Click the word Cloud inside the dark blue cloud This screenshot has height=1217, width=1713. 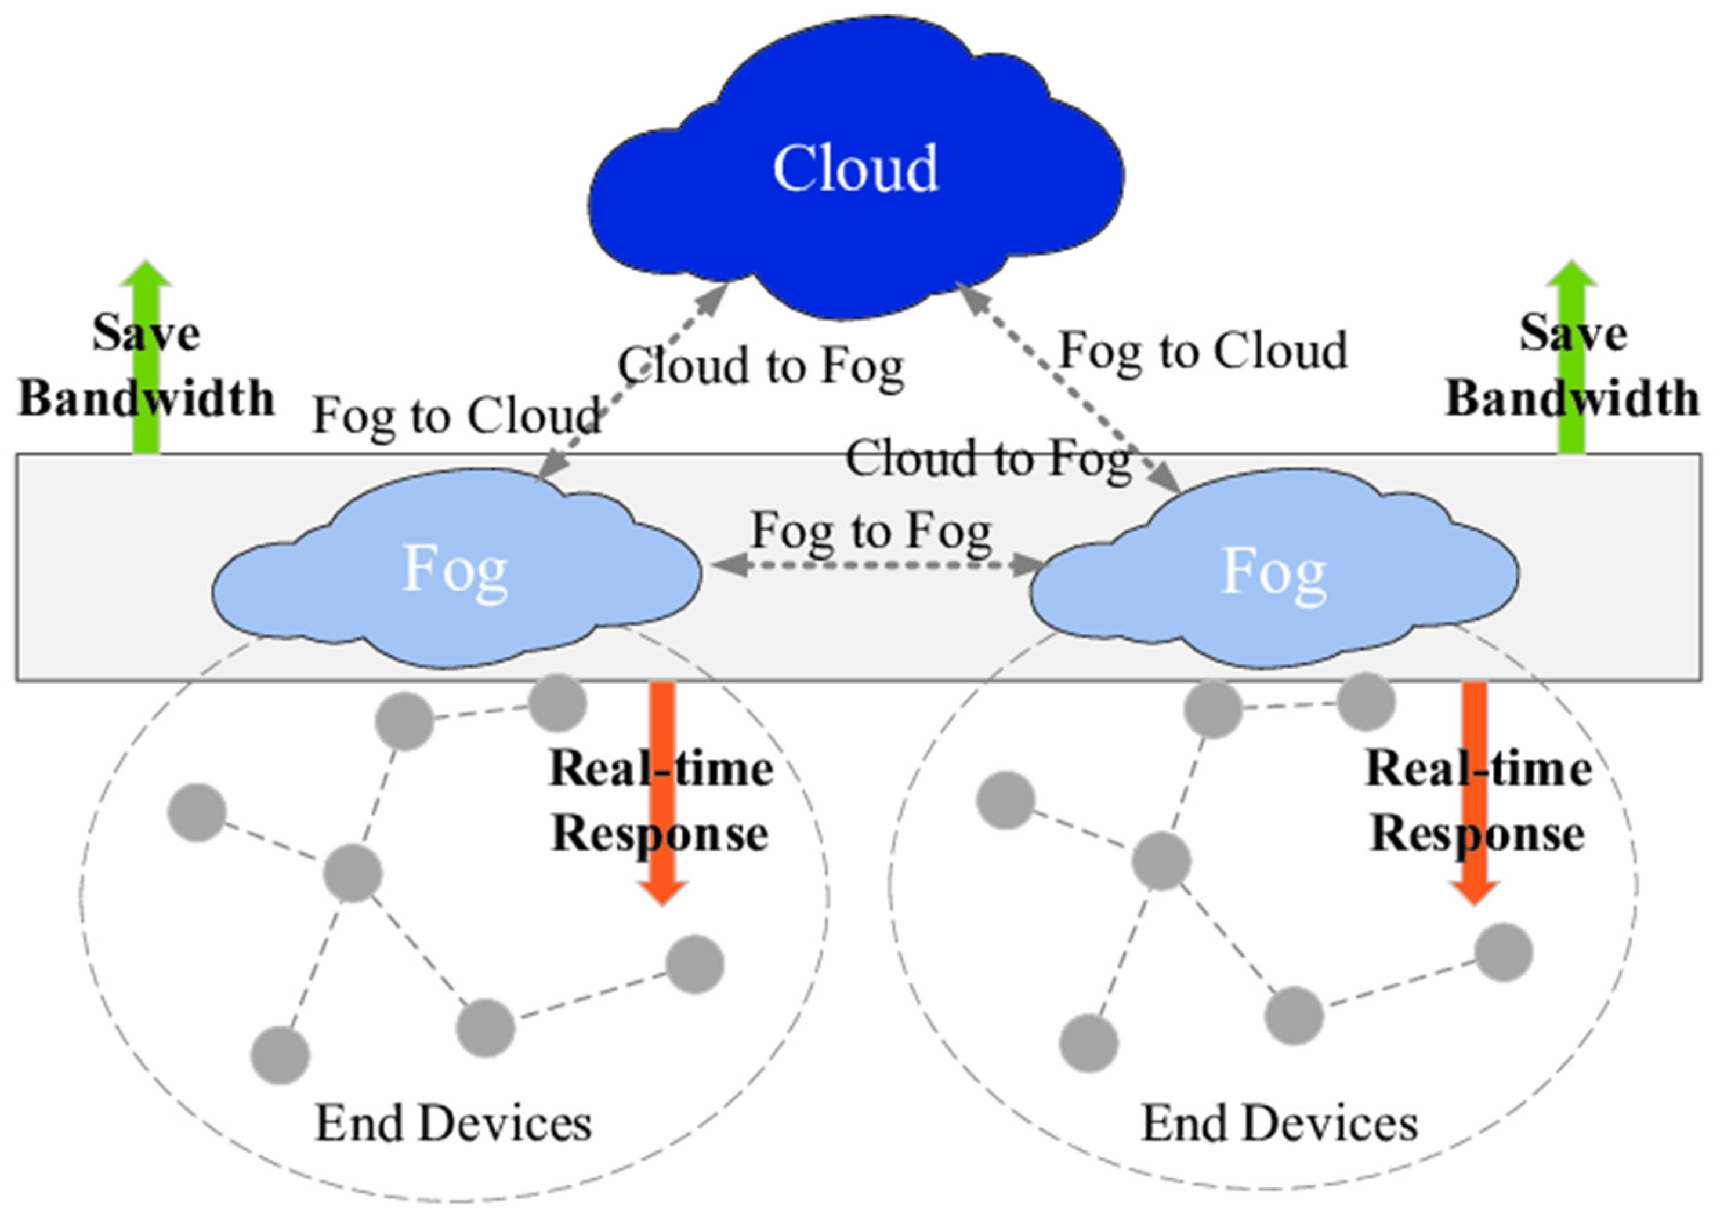point(854,168)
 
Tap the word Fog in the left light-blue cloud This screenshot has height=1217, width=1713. point(455,569)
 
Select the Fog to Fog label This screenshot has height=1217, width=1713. point(872,531)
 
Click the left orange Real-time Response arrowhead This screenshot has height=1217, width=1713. point(662,892)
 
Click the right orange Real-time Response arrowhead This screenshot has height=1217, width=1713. point(1474,892)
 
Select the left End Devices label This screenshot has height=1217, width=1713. point(454,1124)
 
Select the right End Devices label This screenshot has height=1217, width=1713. point(1280,1124)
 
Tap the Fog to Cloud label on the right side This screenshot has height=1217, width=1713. point(1203,351)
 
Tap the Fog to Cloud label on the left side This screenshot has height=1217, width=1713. point(457,416)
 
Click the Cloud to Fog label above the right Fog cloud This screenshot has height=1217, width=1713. point(988,459)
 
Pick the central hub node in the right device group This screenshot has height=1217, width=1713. point(1161,862)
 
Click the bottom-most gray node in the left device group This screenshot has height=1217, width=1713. point(280,1055)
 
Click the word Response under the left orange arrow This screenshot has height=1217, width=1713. point(660,834)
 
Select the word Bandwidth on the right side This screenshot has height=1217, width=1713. point(1572,398)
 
